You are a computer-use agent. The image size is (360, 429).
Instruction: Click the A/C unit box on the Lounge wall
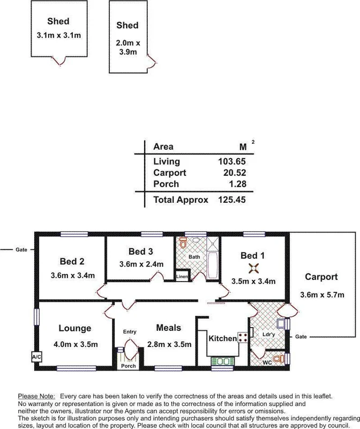click(x=36, y=357)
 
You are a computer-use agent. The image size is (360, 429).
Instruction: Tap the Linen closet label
click(x=182, y=276)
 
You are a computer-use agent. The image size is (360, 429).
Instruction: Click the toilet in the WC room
click(x=276, y=358)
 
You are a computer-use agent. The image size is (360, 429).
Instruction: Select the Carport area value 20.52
click(x=234, y=173)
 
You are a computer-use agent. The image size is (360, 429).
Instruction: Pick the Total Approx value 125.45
click(x=231, y=200)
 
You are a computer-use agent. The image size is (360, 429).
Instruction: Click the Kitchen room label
click(x=222, y=338)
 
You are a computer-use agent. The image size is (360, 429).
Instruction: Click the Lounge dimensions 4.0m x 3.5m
click(x=76, y=344)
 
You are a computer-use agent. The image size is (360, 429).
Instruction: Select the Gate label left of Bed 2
click(x=21, y=249)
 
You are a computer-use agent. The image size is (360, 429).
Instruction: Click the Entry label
click(x=130, y=332)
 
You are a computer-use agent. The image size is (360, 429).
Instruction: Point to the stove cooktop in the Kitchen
click(x=242, y=337)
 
